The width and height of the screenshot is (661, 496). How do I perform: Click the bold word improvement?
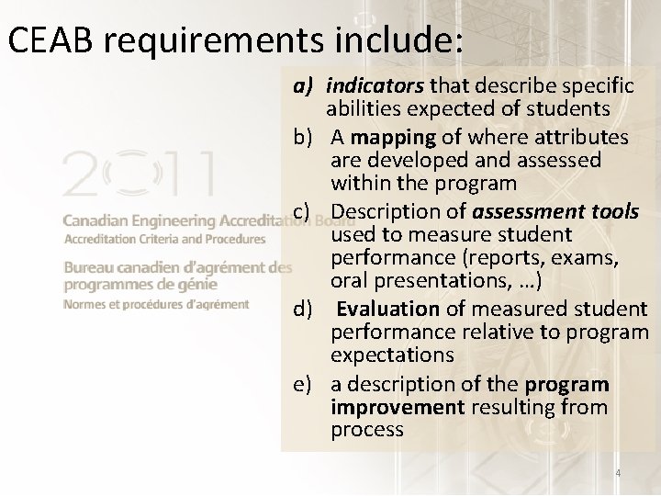[398, 407]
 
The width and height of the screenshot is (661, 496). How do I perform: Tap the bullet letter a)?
[305, 85]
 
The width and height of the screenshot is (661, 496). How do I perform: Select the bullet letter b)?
[305, 137]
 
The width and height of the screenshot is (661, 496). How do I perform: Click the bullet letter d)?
[305, 309]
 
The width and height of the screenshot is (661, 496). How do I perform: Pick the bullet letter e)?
[305, 384]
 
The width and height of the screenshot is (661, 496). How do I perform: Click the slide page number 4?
[618, 473]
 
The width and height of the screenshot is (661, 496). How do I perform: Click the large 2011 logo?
[138, 175]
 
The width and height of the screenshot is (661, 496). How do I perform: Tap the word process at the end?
[367, 429]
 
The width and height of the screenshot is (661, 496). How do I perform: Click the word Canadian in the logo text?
[96, 221]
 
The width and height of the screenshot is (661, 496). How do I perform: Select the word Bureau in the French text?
[88, 267]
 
